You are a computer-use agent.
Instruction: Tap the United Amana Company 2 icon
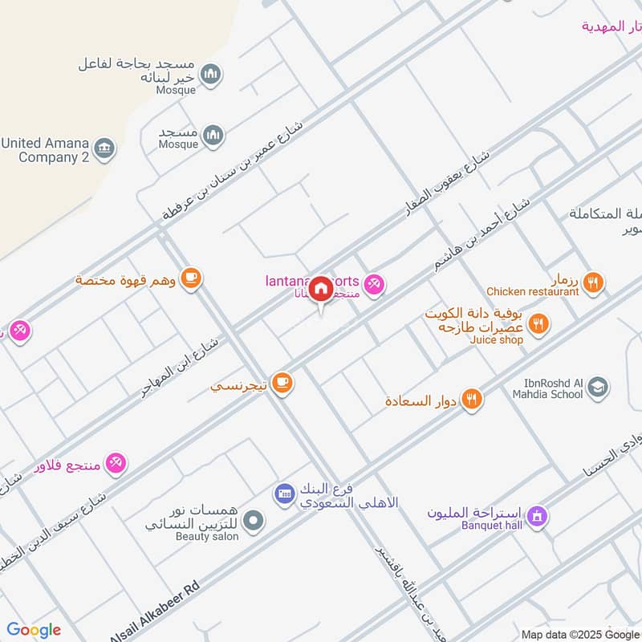[x=105, y=148]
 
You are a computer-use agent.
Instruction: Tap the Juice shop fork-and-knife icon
[x=539, y=324]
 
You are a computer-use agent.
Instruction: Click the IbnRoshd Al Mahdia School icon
[x=597, y=388]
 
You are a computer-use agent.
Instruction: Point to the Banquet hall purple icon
[x=538, y=515]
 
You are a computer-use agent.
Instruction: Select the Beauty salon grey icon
[x=254, y=522]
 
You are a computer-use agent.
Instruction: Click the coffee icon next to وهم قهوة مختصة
[x=190, y=278]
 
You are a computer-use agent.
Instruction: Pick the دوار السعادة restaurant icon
[x=472, y=399]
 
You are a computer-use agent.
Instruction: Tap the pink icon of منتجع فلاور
[x=116, y=463]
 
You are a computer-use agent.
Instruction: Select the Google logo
[x=34, y=630]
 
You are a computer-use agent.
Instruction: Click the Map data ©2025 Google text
[x=579, y=634]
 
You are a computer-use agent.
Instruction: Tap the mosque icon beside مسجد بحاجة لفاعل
[x=211, y=75]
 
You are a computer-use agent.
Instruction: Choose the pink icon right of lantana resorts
[x=373, y=283]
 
